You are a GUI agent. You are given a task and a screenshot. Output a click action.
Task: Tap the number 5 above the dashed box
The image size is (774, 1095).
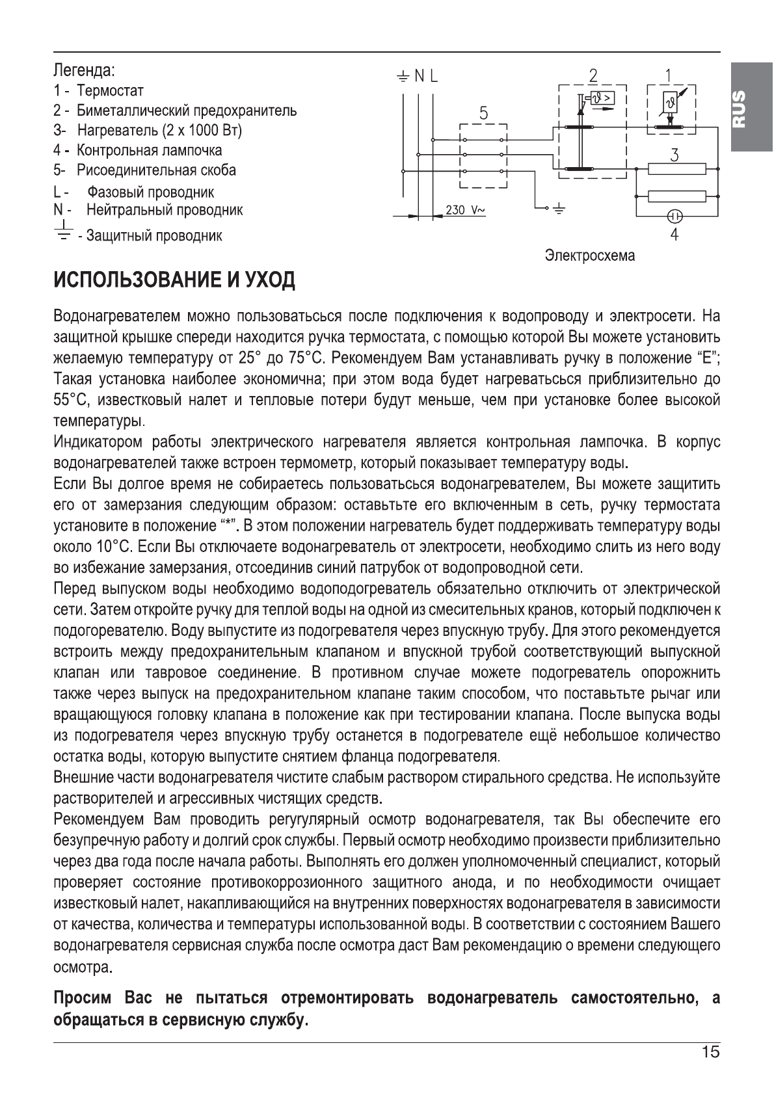483,113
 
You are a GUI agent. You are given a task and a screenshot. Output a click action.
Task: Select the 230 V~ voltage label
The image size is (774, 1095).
466,210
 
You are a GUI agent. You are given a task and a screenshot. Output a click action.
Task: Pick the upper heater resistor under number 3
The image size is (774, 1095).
676,170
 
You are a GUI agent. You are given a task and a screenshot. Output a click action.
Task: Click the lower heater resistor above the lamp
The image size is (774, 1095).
676,196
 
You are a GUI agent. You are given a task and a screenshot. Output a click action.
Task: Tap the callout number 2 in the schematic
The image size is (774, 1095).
592,75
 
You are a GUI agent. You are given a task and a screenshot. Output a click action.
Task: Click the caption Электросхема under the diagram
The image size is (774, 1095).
589,256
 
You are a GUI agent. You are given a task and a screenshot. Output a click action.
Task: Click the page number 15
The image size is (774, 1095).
711,1053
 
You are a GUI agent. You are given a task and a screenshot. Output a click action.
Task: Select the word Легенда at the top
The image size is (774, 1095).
83,69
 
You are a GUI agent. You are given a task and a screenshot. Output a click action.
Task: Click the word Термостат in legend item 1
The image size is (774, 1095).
111,90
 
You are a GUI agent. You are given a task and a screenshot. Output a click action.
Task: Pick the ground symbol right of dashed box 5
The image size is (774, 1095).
560,209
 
